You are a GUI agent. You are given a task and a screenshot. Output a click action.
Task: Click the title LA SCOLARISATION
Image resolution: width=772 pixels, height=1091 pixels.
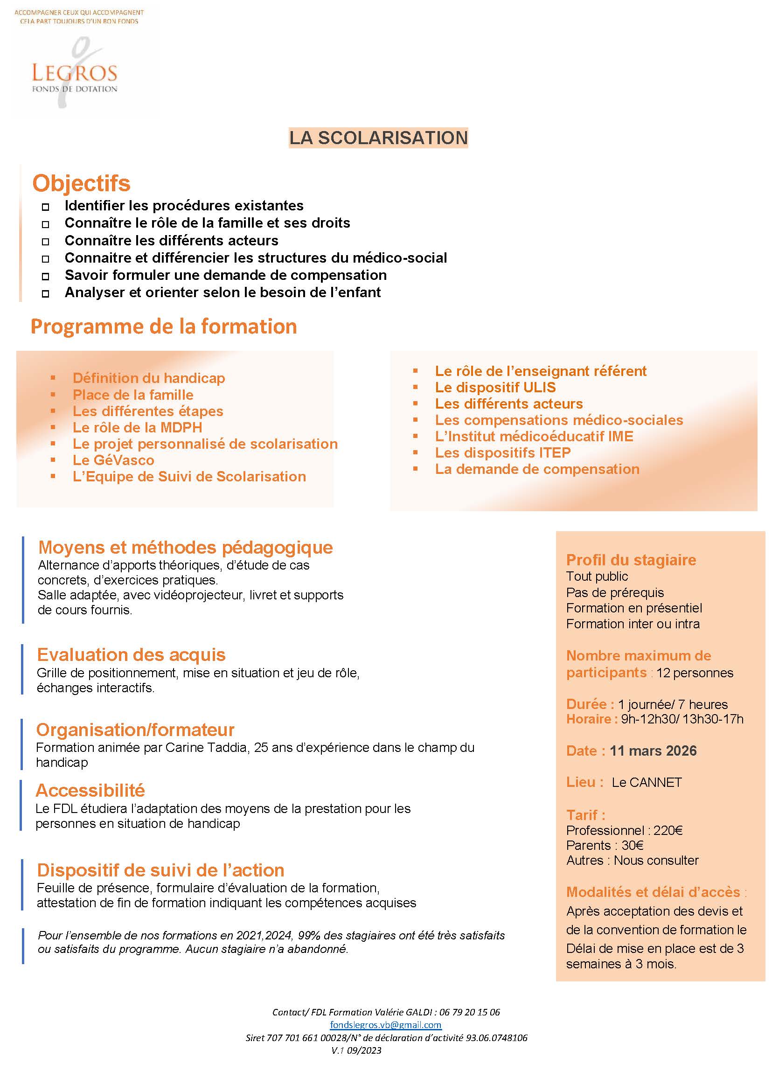point(378,138)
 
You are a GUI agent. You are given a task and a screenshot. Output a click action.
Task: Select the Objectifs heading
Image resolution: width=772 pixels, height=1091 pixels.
point(81,183)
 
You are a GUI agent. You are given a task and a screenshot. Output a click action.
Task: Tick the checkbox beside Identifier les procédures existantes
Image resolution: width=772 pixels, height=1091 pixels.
point(46,207)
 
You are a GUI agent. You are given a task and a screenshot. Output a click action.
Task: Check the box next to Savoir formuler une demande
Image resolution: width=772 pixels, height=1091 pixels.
point(46,276)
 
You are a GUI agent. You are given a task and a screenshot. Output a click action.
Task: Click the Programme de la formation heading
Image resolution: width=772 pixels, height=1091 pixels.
point(164,327)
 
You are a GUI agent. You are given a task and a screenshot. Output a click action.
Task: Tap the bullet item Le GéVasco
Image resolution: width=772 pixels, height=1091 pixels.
point(113,460)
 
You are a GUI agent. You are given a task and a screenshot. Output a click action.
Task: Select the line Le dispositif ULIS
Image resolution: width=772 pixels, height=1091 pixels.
point(495,388)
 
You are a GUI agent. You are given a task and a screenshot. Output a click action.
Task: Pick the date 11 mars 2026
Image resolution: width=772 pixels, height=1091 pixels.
point(653,750)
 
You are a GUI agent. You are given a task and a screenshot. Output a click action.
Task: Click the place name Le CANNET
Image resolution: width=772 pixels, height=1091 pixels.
point(647,782)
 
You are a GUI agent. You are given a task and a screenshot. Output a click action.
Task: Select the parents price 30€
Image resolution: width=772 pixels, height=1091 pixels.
point(632,845)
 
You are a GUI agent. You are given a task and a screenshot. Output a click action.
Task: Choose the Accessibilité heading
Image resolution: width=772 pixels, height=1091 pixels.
point(90,790)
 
